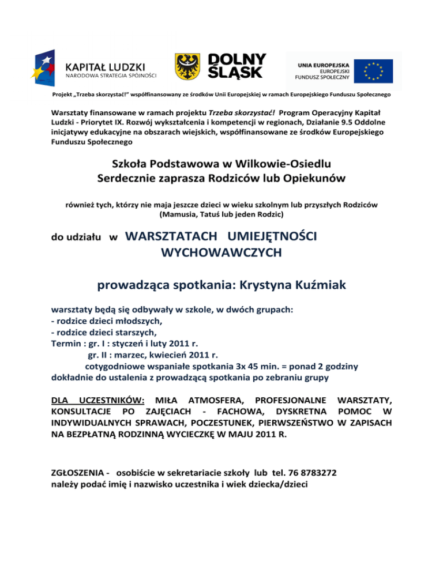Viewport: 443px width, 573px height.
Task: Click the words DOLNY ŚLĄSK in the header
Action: [x=236, y=66]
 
